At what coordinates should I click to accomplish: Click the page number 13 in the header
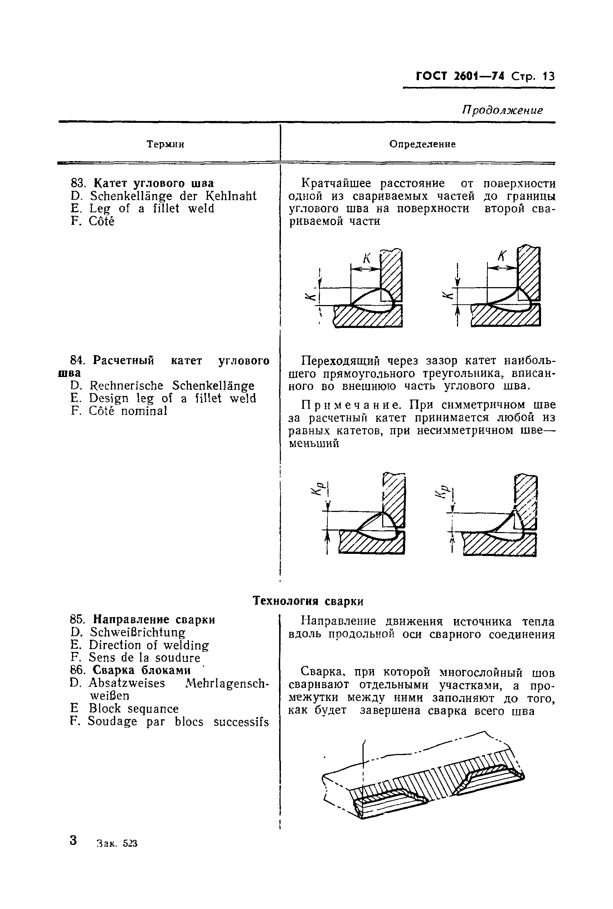548,76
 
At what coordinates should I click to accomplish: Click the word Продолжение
502,110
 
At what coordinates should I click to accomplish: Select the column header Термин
165,144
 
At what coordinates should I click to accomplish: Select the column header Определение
422,144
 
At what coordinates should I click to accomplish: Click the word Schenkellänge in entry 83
131,196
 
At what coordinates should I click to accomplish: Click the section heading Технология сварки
308,601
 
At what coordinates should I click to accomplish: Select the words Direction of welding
149,645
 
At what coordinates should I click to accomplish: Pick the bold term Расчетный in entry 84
123,360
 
